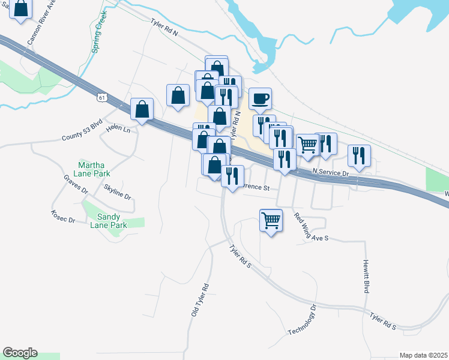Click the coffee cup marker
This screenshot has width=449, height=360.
coord(260,98)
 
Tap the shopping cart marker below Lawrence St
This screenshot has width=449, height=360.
coord(271,220)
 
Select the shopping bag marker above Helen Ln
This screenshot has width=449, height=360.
coord(142,110)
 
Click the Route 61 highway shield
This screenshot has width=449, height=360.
coord(103,96)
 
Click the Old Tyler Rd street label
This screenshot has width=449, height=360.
coord(199,300)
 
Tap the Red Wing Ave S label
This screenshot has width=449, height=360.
coord(310,227)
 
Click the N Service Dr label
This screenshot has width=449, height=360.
coord(330,172)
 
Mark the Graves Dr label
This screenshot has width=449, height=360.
coord(76,184)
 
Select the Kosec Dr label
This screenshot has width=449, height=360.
coord(63,217)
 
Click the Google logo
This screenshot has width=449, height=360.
coord(20,353)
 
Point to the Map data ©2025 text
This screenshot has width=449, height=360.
coord(423,355)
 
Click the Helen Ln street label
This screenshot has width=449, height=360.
coord(118,128)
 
